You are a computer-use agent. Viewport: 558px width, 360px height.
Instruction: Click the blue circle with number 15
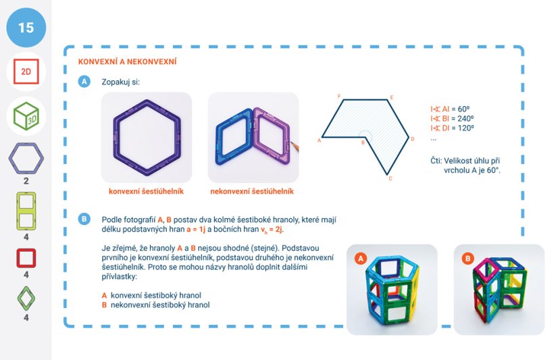tap(26, 28)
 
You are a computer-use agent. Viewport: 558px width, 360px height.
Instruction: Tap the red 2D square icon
tap(26, 71)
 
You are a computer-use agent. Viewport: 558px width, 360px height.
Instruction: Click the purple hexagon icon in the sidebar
tap(26, 159)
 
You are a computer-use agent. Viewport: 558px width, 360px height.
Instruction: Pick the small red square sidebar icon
tap(26, 259)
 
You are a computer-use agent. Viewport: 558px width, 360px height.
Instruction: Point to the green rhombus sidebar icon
tap(26, 298)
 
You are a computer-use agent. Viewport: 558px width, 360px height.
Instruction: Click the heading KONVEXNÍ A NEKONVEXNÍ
tap(128, 62)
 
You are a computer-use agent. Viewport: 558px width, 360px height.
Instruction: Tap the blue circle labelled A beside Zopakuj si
tap(84, 82)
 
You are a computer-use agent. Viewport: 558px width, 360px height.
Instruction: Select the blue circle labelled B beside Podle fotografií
tap(84, 219)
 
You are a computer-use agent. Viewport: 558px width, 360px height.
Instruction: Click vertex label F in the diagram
tap(338, 97)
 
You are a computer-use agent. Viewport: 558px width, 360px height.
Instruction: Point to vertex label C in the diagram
tap(390, 179)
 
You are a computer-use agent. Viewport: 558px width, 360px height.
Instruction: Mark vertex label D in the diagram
tap(413, 138)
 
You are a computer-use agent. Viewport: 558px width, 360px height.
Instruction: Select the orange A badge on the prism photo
tap(361, 259)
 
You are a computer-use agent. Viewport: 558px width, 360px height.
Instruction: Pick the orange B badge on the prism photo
tap(467, 259)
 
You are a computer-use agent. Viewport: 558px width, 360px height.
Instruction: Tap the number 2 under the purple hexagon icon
tap(26, 182)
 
